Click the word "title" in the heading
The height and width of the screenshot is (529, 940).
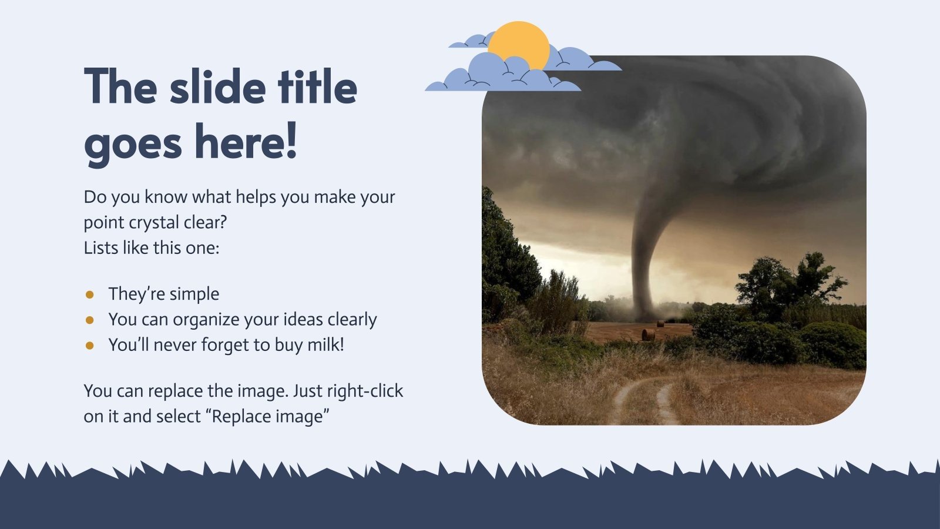click(317, 87)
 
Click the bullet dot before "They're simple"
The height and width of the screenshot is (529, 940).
click(90, 294)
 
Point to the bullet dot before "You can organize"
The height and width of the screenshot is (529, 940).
click(90, 320)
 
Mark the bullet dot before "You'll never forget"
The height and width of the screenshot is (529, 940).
click(90, 345)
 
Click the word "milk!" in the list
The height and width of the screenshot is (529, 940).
click(325, 344)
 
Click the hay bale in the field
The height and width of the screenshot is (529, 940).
click(648, 335)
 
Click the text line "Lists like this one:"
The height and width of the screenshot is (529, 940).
click(151, 248)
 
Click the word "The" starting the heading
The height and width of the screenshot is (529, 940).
click(120, 87)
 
